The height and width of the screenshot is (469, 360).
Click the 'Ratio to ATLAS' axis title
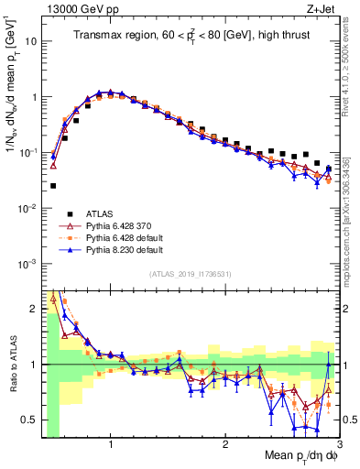coord(13,366)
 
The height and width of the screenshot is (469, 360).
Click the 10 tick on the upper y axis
coord(31,41)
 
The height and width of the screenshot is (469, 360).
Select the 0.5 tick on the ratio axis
coord(29,420)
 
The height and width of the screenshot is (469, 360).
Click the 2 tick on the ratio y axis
coord(35,310)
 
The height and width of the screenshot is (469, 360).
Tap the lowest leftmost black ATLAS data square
coord(53,185)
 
